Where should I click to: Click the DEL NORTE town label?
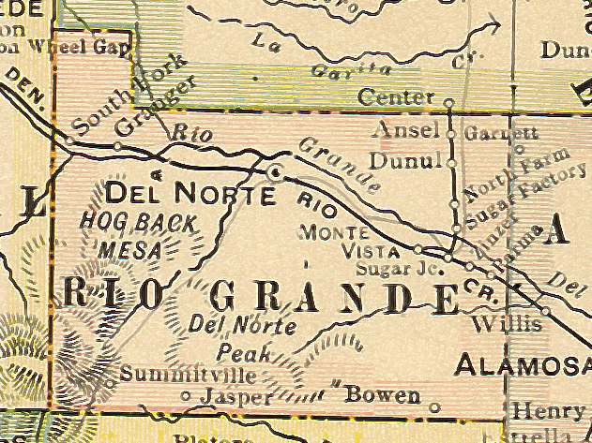point(190,195)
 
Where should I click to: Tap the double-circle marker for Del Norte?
point(275,172)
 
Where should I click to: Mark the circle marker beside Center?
point(448,101)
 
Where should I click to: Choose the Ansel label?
point(406,130)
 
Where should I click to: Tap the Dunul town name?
point(404,161)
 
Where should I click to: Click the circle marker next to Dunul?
point(451,163)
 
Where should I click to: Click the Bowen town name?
point(383,396)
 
